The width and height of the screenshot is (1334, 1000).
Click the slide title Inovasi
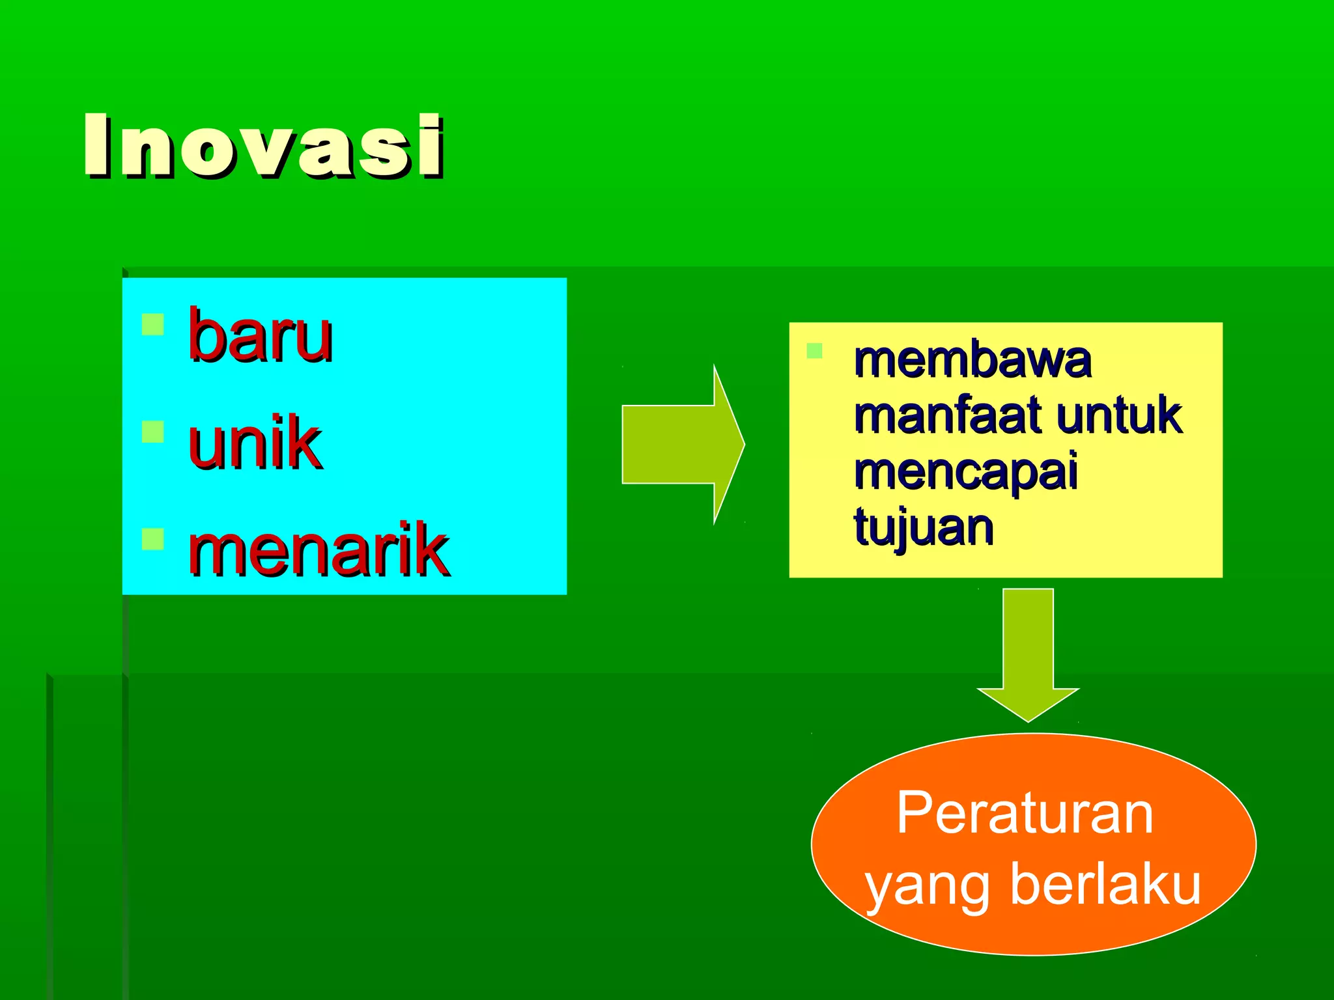(264, 146)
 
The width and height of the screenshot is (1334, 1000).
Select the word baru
(260, 336)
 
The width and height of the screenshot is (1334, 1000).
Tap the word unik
(255, 442)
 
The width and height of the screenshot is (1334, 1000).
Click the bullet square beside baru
(152, 324)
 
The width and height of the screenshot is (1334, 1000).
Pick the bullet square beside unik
(152, 432)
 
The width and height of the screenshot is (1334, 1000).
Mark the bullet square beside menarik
(152, 538)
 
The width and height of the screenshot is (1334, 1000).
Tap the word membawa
(972, 360)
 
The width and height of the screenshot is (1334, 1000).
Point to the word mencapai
(965, 472)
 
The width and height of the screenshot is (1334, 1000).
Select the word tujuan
(923, 527)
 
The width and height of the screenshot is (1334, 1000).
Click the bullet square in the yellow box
(814, 351)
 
